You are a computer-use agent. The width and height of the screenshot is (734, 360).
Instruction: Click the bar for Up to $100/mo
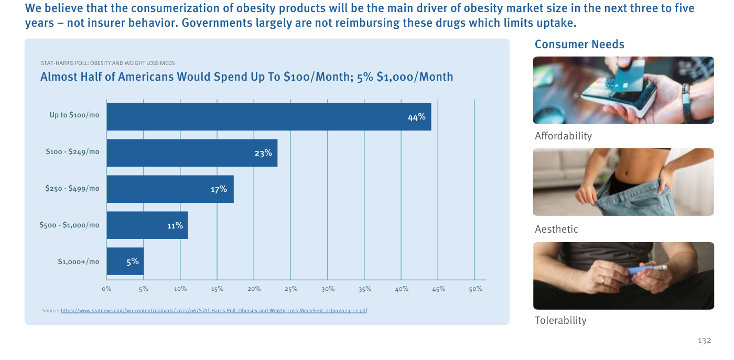click(268, 117)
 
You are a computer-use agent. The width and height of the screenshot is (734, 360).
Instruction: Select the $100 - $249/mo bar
click(192, 153)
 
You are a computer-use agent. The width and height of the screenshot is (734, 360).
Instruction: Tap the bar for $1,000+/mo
click(125, 261)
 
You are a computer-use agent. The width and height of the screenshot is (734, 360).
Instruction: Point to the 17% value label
click(219, 189)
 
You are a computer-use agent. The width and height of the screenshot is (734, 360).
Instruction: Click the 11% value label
click(175, 225)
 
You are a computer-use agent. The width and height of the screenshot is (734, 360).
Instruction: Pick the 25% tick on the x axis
click(291, 289)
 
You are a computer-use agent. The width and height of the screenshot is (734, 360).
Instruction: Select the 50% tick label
click(476, 289)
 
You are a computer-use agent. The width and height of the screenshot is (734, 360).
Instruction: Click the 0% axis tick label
click(106, 289)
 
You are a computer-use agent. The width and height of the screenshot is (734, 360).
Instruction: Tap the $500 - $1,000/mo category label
click(69, 225)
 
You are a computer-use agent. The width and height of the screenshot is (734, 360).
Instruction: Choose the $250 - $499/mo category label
click(72, 188)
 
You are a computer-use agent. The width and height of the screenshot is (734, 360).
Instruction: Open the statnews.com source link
click(214, 311)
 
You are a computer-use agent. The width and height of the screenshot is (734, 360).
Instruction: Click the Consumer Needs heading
click(579, 44)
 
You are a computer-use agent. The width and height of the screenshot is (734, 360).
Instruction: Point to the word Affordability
click(563, 136)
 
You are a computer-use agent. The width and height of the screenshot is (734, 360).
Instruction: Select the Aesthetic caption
click(556, 229)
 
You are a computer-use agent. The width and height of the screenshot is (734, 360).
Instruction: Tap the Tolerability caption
click(560, 320)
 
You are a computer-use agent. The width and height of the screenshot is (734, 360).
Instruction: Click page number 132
click(704, 341)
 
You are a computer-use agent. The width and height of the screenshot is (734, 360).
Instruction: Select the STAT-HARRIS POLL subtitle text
click(108, 63)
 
